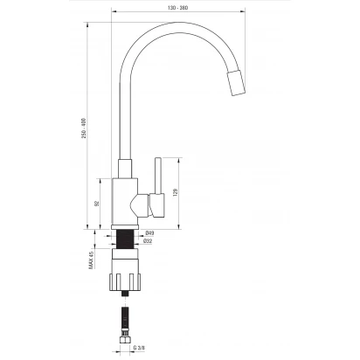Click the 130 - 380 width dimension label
177,8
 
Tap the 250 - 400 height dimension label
84,128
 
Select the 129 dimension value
175,192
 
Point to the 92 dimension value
97,204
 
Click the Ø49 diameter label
149,233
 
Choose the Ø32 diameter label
148,241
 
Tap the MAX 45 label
92,260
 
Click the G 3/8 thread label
139,348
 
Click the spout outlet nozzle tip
236,83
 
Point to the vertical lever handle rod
158,176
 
